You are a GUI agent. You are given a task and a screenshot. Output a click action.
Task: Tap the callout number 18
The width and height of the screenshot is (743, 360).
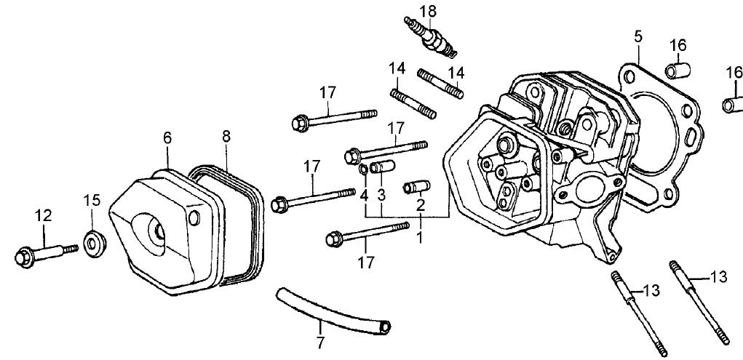point(428,10)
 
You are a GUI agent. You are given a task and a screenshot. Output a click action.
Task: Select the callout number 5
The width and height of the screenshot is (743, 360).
point(637,35)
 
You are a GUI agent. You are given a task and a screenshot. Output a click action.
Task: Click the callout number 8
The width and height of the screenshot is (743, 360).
point(226,135)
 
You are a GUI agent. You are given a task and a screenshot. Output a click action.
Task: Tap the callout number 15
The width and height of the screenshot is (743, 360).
point(91,200)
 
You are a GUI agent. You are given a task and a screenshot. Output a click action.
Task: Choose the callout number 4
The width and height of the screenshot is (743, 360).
point(364,196)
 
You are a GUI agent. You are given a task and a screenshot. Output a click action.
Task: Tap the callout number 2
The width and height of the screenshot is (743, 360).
point(420,206)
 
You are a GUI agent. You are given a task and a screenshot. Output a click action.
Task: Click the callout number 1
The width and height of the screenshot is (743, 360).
point(418,237)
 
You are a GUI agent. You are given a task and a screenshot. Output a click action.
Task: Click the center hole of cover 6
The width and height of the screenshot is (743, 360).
point(156,229)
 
